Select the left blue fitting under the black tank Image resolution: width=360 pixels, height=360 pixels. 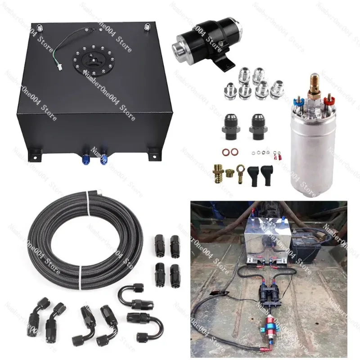pos(85,159)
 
